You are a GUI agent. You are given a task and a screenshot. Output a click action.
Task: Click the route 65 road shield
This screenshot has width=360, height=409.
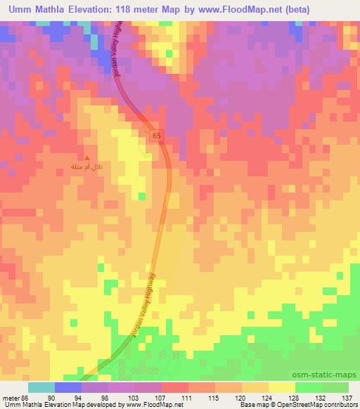(x=155, y=134)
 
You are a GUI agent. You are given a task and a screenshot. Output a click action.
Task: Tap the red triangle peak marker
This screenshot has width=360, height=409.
(x=87, y=158)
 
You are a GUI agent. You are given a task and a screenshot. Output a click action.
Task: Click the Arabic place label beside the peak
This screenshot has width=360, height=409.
(x=87, y=168)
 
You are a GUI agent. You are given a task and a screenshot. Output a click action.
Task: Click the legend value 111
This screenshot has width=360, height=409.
(x=187, y=398)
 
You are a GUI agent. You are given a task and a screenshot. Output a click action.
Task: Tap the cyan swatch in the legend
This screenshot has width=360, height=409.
(x=41, y=387)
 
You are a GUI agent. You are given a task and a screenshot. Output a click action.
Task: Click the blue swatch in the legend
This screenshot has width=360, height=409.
(x=67, y=387)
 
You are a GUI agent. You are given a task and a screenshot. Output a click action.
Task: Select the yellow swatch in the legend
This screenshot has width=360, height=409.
(x=282, y=387)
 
